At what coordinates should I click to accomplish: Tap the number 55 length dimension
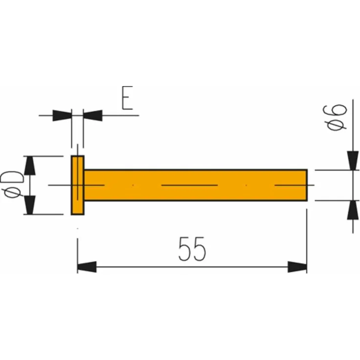[192, 249]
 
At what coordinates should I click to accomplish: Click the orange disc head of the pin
[77, 185]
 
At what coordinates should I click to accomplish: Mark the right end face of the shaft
[307, 185]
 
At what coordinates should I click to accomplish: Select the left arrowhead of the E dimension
[62, 115]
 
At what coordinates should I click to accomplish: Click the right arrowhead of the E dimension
[92, 115]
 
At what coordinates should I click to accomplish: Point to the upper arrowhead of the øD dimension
[30, 165]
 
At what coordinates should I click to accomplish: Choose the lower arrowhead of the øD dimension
[30, 205]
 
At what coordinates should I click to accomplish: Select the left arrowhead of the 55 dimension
[87, 267]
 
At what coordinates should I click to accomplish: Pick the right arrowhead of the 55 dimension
[297, 267]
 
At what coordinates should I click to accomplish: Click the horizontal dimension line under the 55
[192, 267]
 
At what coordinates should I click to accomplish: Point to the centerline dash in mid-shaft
[189, 185]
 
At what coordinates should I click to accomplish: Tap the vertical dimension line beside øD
[30, 185]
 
